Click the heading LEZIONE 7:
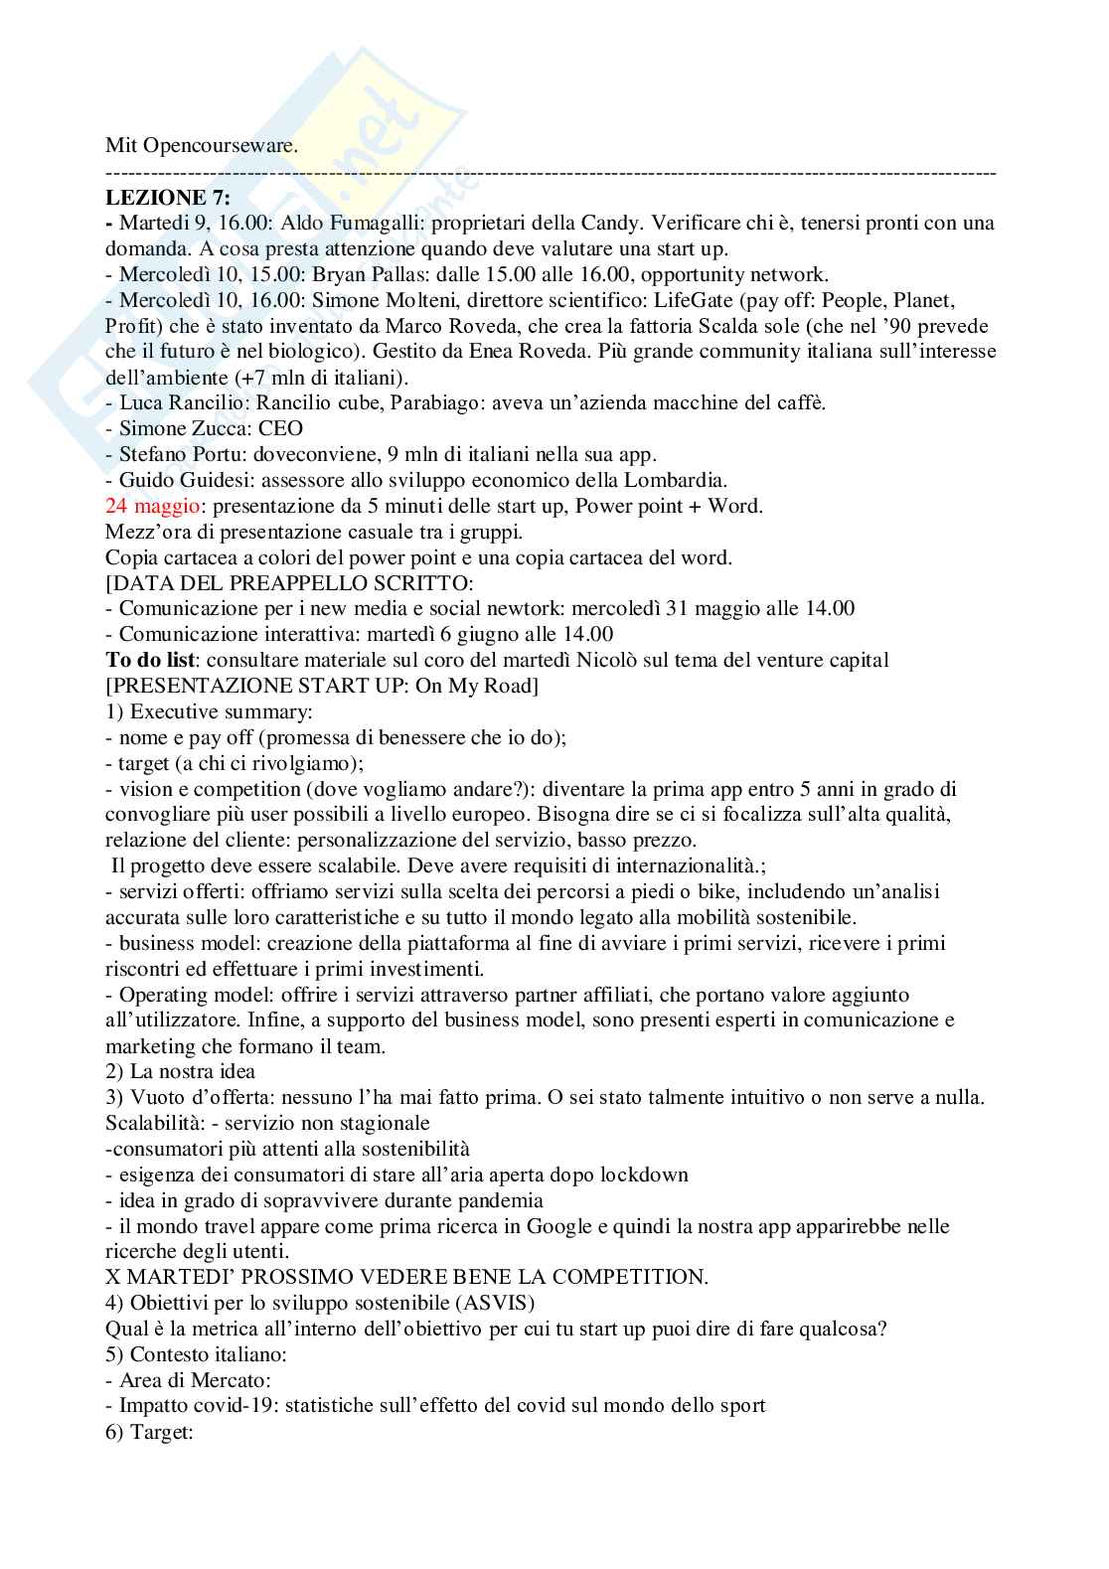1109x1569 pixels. pos(168,198)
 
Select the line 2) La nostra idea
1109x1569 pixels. pos(181,1071)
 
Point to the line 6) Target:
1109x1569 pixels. pos(149,1432)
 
